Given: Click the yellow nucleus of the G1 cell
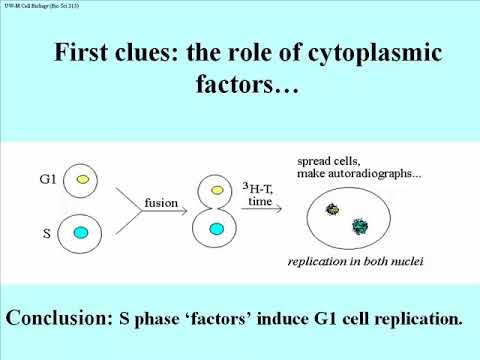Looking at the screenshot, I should pos(83,181).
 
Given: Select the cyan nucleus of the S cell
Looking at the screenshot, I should pos(83,233).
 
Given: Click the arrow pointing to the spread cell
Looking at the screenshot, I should pos(262,209).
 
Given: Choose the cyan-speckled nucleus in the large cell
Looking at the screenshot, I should pos(359,227).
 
